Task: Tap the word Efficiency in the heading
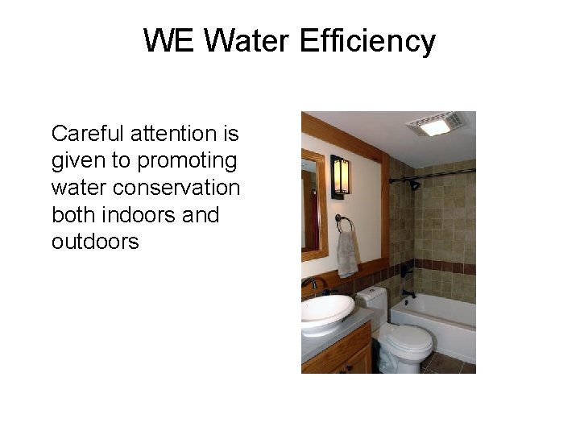[367, 40]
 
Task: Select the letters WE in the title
[169, 40]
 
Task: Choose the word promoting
[187, 161]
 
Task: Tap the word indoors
[138, 215]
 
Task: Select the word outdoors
[95, 242]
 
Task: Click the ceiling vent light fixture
[435, 125]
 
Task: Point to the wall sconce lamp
[340, 176]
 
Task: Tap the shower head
[413, 184]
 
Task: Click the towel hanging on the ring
[347, 254]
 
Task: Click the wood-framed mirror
[313, 205]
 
